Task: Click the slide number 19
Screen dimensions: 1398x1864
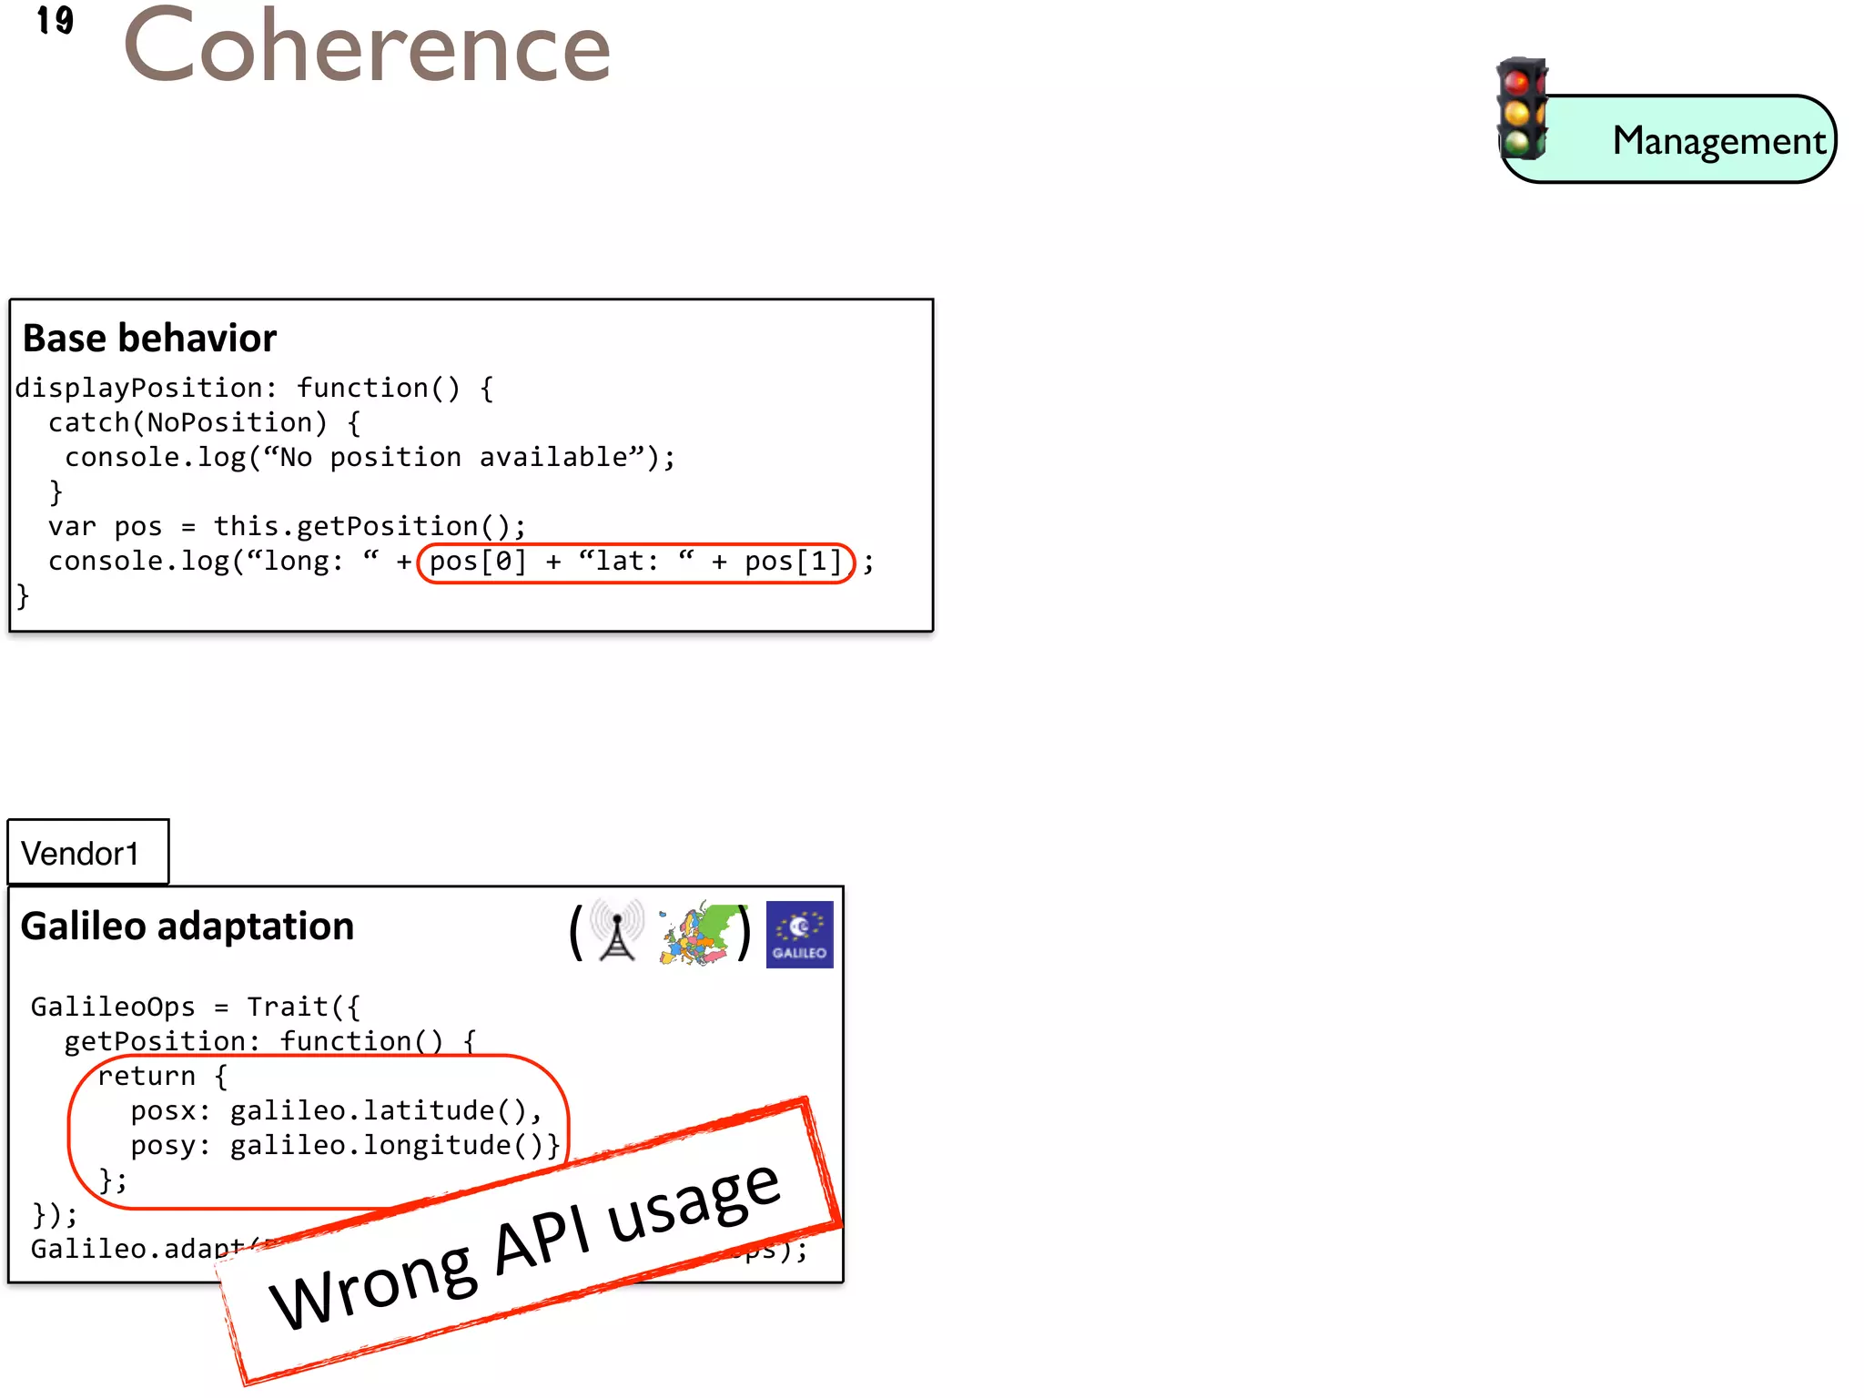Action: pyautogui.click(x=55, y=20)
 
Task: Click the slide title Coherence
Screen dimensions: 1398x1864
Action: pyautogui.click(x=367, y=46)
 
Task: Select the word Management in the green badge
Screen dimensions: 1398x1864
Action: pyautogui.click(x=1718, y=141)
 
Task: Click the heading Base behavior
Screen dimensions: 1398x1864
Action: pyautogui.click(x=149, y=339)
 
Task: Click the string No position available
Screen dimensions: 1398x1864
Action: pyautogui.click(x=453, y=457)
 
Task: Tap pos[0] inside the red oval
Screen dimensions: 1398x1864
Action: pyautogui.click(x=477, y=562)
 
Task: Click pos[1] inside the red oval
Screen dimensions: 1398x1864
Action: pyautogui.click(x=793, y=562)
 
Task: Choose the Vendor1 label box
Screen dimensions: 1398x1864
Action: pyautogui.click(x=87, y=853)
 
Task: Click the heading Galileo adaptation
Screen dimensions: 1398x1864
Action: pyautogui.click(x=187, y=927)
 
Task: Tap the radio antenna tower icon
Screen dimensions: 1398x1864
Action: pyautogui.click(x=617, y=930)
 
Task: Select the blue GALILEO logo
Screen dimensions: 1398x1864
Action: pyautogui.click(x=799, y=935)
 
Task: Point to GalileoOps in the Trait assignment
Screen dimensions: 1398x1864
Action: pyautogui.click(x=113, y=1007)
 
